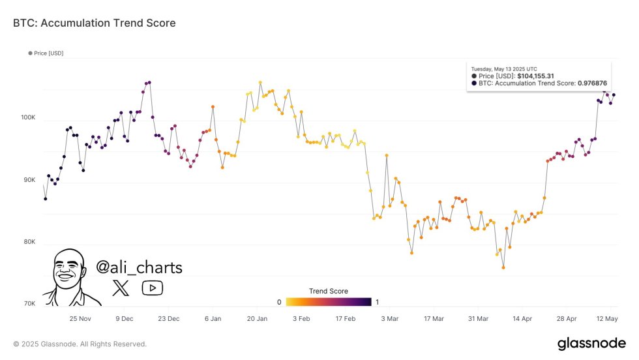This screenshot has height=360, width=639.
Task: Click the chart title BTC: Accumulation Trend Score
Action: (94, 23)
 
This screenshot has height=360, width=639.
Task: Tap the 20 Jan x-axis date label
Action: (257, 318)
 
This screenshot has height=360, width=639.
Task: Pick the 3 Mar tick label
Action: (389, 318)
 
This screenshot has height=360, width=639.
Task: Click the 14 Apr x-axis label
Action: (522, 318)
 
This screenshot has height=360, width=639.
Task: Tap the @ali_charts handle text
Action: (139, 267)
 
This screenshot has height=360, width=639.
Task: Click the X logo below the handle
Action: (121, 288)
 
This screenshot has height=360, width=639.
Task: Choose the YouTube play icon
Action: (152, 288)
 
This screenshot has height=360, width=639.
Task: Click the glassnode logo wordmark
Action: (591, 344)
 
